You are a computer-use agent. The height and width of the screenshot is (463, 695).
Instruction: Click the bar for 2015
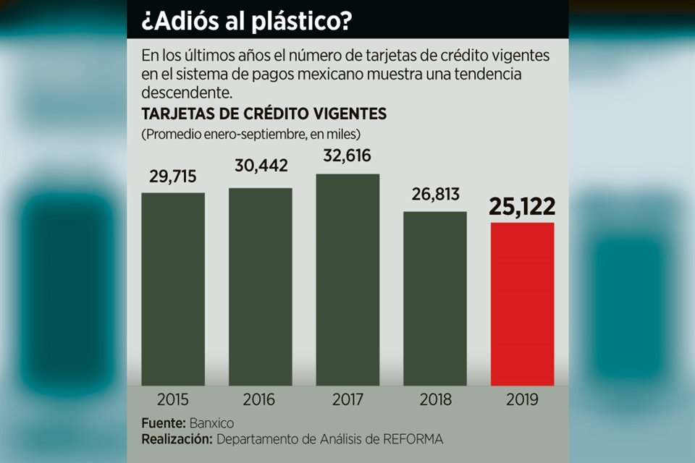173,289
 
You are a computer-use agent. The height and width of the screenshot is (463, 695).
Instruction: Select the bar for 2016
261,286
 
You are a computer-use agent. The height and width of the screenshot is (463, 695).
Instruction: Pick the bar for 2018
435,298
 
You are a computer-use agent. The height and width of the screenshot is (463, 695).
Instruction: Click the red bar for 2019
523,304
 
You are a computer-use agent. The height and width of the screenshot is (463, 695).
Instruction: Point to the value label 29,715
173,177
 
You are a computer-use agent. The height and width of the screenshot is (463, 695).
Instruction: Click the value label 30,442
261,166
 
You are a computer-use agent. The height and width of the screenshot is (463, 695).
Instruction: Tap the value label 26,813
435,194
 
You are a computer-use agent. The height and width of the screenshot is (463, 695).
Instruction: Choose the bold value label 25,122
522,207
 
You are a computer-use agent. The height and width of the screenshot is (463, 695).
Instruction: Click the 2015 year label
173,399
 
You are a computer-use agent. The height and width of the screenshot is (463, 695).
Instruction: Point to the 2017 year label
347,399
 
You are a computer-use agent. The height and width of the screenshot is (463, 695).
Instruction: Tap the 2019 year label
523,399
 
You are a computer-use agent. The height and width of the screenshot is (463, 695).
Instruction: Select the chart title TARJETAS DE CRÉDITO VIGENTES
264,114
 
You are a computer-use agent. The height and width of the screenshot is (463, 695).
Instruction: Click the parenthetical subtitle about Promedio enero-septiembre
251,134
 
